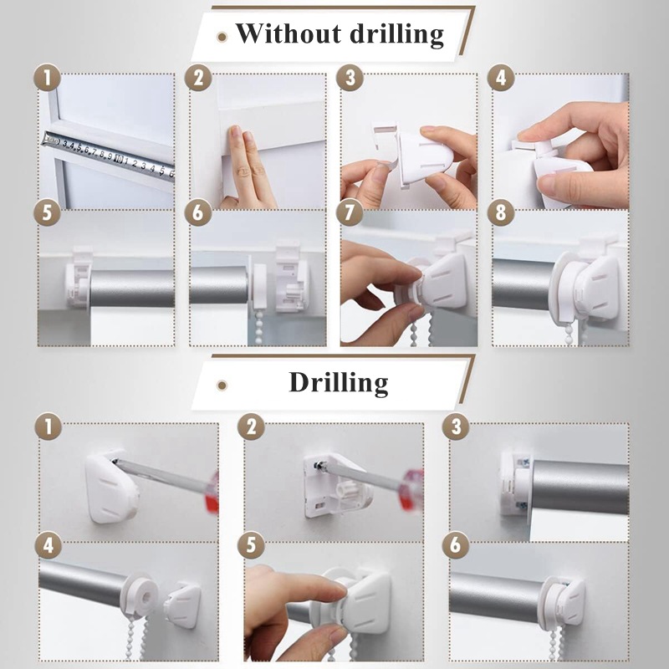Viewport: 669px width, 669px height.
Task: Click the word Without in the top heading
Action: click(289, 33)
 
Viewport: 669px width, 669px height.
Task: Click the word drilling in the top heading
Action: click(396, 34)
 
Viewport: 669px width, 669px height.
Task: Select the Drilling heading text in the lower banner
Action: click(339, 382)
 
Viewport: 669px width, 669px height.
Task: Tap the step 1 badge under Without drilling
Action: click(47, 78)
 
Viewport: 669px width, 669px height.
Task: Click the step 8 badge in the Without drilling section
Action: click(501, 212)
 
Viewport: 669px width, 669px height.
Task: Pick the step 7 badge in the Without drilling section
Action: click(350, 212)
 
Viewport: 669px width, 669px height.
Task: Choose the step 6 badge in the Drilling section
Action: click(456, 545)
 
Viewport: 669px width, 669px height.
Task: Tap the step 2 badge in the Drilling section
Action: click(251, 426)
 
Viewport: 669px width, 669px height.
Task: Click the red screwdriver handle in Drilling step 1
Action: click(212, 492)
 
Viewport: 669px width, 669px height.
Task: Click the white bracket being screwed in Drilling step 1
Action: click(111, 488)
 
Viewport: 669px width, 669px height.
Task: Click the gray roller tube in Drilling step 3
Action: click(580, 487)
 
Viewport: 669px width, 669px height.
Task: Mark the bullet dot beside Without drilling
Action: click(222, 37)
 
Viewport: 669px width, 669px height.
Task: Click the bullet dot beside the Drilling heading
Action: click(222, 386)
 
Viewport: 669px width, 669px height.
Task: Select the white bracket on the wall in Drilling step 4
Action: click(182, 605)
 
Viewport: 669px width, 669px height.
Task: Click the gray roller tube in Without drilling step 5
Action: click(132, 289)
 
